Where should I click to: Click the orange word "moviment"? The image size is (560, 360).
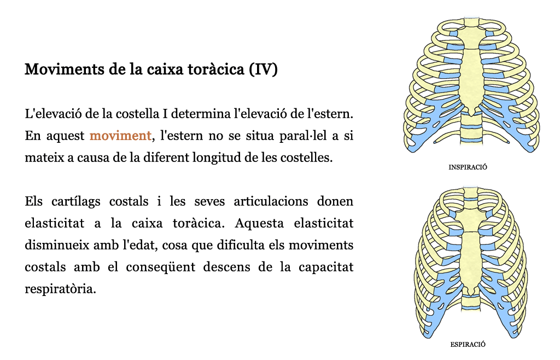click(x=120, y=136)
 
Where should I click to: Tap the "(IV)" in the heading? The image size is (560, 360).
click(x=264, y=69)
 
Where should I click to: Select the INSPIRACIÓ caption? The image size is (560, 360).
click(x=468, y=167)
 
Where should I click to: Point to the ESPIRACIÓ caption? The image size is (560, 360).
click(x=468, y=344)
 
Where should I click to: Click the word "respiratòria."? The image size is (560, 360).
click(x=60, y=289)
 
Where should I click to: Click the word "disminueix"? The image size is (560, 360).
click(x=57, y=245)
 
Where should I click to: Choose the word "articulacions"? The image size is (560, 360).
click(x=271, y=201)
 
